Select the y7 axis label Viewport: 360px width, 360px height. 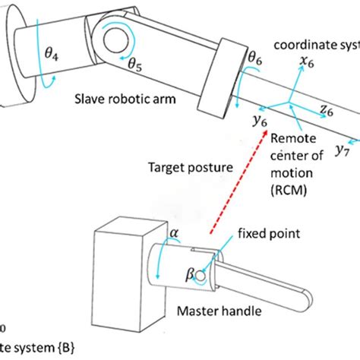343,150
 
